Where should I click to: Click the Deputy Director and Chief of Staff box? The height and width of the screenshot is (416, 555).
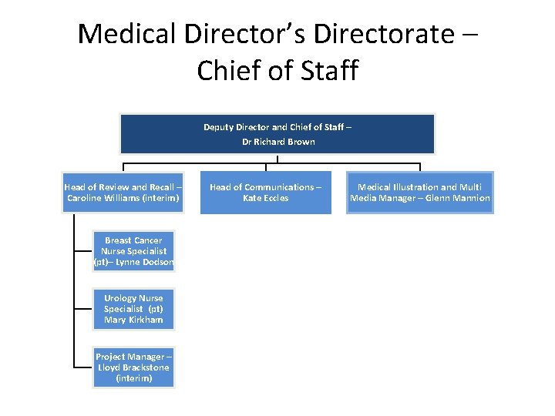point(277,134)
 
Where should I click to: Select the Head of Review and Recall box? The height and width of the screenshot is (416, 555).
point(123,192)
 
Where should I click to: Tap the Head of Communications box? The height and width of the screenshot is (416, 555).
point(266,192)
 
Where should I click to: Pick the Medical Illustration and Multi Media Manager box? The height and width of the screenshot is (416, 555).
point(420,192)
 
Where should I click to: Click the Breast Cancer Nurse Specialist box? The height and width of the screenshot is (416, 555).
point(134,251)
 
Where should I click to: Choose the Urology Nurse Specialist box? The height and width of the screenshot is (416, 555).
point(134,309)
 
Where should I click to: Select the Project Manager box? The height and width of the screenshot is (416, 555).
point(134,367)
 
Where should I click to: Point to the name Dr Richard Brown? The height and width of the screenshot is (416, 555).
point(277,142)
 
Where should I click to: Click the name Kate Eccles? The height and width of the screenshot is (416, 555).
point(266,198)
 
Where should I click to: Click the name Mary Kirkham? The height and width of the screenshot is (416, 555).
point(134,320)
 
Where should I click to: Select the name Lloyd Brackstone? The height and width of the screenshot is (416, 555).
point(134,367)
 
